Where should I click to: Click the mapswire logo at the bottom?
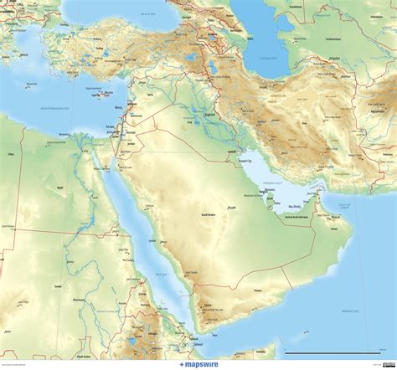click(x=198, y=364)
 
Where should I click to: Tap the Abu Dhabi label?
click(x=296, y=205)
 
